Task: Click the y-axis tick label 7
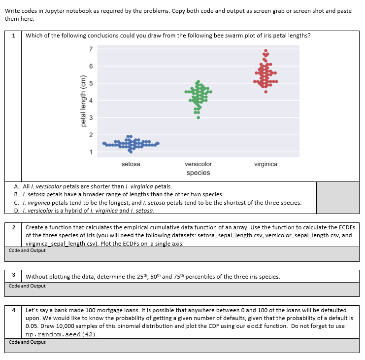pos(91,49)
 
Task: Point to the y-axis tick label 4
pos(91,101)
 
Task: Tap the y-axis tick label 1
pos(91,152)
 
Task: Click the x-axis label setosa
pos(131,164)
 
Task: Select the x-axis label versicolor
pos(198,164)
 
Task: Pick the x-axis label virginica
pos(265,164)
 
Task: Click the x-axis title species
pos(198,173)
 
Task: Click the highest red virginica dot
pos(265,50)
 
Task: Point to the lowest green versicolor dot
pos(198,117)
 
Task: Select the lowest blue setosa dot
pos(131,152)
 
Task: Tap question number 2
pos(13,227)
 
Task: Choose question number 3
pos(13,275)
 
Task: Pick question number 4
pos(13,310)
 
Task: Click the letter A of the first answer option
pos(17,187)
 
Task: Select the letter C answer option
pos(17,203)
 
